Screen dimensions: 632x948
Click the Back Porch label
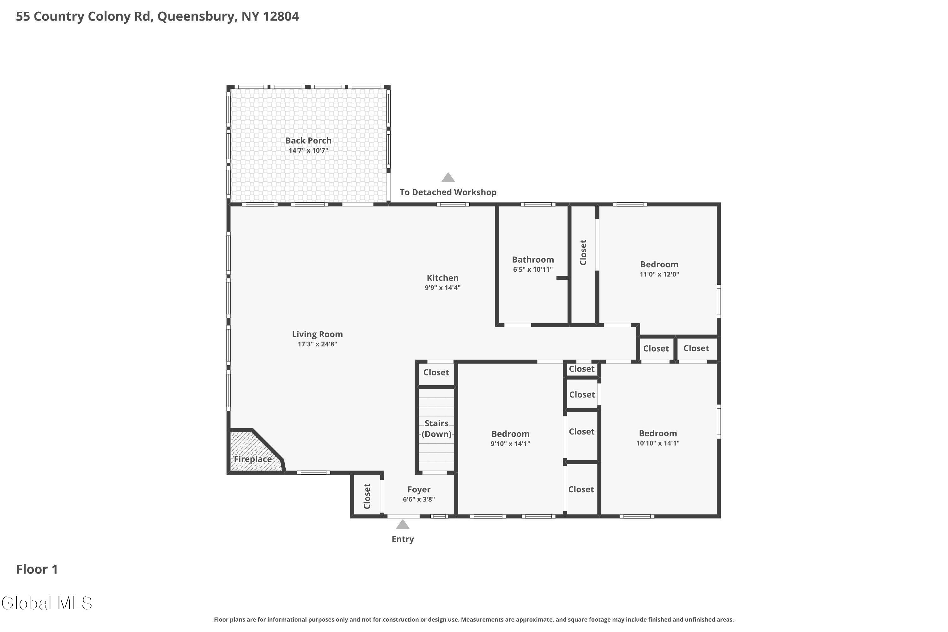tap(308, 141)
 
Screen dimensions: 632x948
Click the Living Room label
tap(317, 334)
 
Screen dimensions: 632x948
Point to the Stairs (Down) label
tap(436, 428)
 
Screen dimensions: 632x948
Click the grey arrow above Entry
tap(403, 524)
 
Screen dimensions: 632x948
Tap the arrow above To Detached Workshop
tap(448, 178)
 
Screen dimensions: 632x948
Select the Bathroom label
tap(532, 259)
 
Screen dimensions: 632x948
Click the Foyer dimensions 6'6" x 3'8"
tap(419, 499)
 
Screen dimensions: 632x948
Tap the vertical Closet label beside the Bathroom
tap(583, 252)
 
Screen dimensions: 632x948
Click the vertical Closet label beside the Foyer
tap(367, 496)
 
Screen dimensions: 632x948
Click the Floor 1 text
tap(37, 569)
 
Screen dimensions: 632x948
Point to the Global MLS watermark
tap(47, 603)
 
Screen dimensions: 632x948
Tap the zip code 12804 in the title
tap(281, 16)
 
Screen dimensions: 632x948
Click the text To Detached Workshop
tap(448, 192)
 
